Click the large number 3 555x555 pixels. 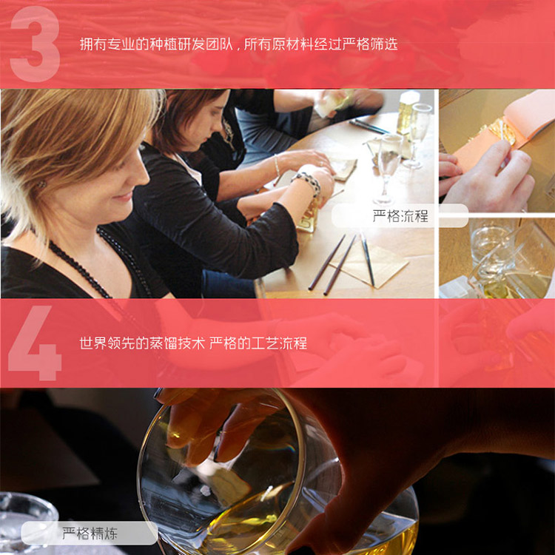35,44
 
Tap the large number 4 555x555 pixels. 35,343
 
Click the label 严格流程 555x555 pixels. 400,215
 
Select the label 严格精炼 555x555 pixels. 90,533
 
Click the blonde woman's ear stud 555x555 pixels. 42,184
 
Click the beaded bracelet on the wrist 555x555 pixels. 307,181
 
